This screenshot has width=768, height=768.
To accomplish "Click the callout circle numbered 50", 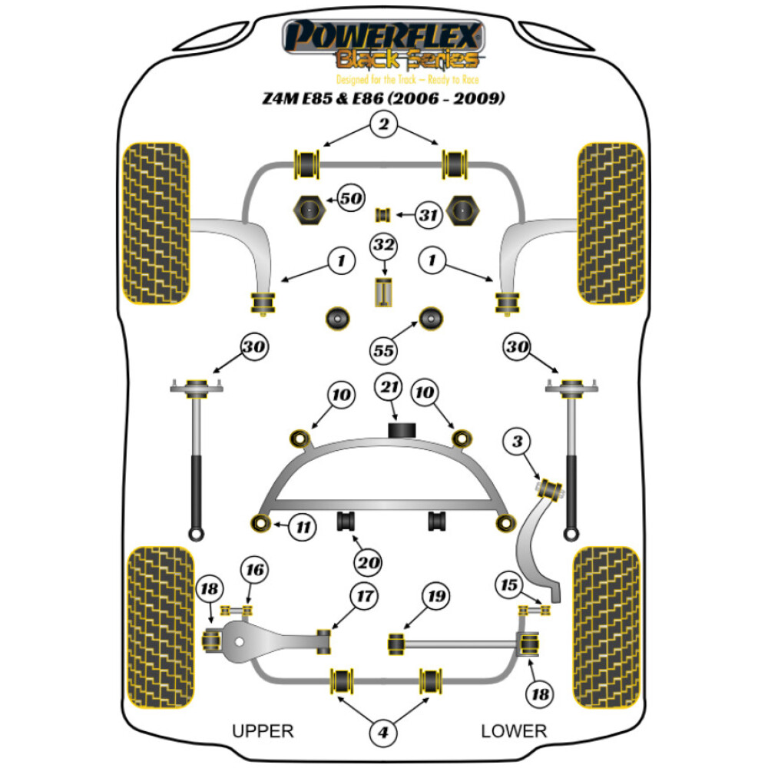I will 351,199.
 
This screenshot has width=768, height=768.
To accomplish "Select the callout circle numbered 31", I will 429,216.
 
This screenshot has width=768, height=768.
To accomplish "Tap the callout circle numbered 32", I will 384,247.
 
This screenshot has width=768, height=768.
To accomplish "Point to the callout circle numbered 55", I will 384,351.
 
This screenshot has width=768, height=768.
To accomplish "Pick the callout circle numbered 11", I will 304,527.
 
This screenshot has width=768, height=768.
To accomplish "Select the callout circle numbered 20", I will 369,564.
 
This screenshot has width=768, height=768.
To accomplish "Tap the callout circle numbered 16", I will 254,569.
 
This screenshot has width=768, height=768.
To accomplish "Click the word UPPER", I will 263,730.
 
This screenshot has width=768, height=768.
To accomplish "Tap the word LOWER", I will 514,730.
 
